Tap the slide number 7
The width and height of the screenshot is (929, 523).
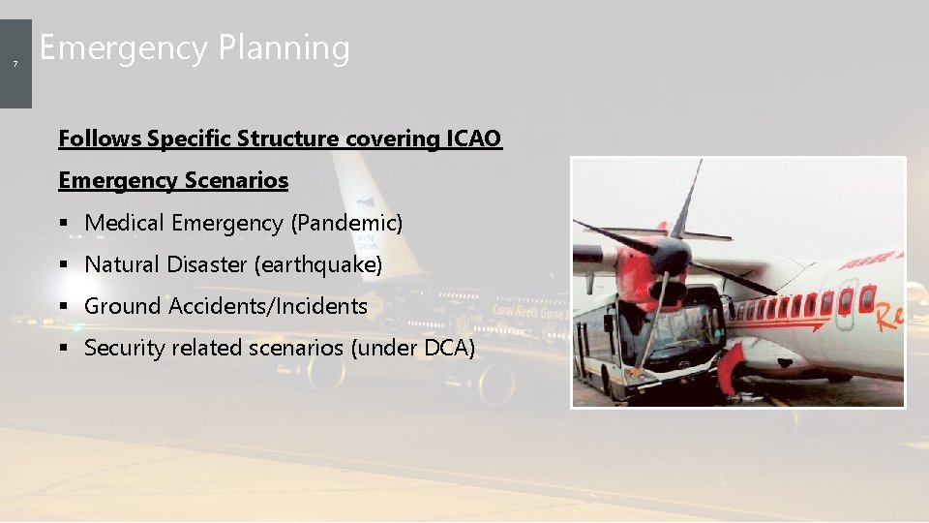(15, 64)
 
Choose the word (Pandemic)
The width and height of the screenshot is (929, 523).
(346, 223)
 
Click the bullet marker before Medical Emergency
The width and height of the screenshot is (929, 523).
(64, 224)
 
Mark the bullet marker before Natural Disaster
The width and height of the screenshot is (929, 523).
(64, 265)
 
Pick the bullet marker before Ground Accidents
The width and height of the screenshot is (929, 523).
(64, 307)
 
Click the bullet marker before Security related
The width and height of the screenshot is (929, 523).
(64, 349)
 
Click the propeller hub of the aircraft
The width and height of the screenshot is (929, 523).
(671, 255)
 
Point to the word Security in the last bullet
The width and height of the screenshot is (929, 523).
(123, 348)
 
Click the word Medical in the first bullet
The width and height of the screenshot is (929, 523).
(125, 223)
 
